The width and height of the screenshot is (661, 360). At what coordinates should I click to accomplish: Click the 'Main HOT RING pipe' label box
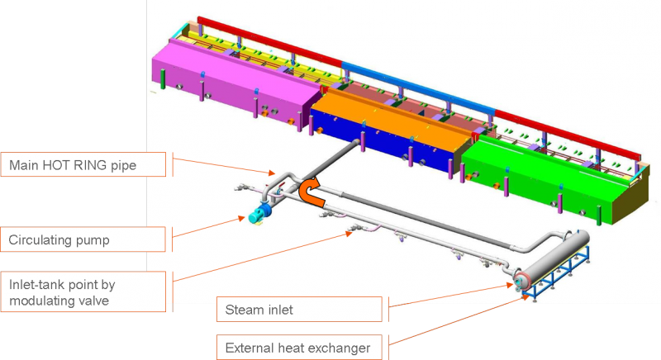pos(83,164)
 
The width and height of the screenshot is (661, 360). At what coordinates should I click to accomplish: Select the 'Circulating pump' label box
pos(83,239)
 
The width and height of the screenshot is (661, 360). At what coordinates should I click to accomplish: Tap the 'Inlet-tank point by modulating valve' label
pos(83,291)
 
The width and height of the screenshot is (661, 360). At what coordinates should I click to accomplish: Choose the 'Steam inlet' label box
pos(299,310)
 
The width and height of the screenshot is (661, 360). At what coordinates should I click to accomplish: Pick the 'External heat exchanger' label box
pos(299,348)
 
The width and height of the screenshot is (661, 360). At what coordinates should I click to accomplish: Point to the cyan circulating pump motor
pos(258,214)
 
